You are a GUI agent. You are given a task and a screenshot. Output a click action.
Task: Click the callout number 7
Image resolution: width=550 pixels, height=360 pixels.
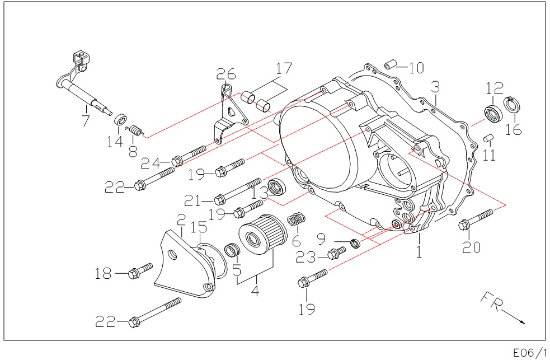click(x=85, y=120)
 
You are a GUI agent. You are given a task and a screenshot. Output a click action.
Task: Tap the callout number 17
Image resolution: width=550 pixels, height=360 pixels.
click(x=284, y=68)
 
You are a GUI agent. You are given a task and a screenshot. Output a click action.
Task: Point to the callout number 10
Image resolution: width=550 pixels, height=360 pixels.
click(x=416, y=68)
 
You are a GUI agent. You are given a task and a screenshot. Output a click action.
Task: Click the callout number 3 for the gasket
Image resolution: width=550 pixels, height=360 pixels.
click(x=435, y=87)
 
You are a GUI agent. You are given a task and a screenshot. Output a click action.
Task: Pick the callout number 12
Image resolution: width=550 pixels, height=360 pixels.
click(x=495, y=88)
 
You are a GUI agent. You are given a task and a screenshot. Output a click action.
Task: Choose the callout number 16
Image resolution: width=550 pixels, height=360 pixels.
click(x=513, y=130)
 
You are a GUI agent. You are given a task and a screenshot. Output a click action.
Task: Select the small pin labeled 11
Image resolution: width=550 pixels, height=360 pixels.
click(x=488, y=137)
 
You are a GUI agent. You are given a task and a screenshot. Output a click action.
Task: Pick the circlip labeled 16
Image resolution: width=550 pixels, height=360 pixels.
click(x=510, y=105)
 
